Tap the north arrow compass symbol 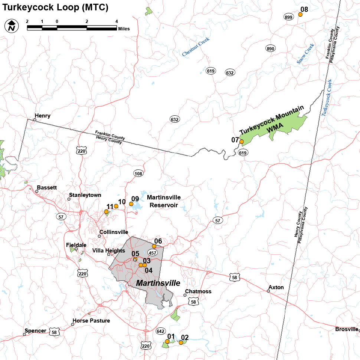pos(12,26)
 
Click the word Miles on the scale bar pos(124,29)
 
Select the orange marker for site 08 pos(300,14)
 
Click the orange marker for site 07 pos(242,141)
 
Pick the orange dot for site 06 pos(154,246)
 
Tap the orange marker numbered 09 pos(131,204)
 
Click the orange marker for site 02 pos(181,343)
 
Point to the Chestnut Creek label pos(196,47)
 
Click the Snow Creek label pos(305,54)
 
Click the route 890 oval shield pos(270,49)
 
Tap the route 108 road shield pos(138,174)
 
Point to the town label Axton pos(276,287)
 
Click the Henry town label pos(42,116)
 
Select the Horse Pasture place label pos(91,320)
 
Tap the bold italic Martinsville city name pos(158,283)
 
